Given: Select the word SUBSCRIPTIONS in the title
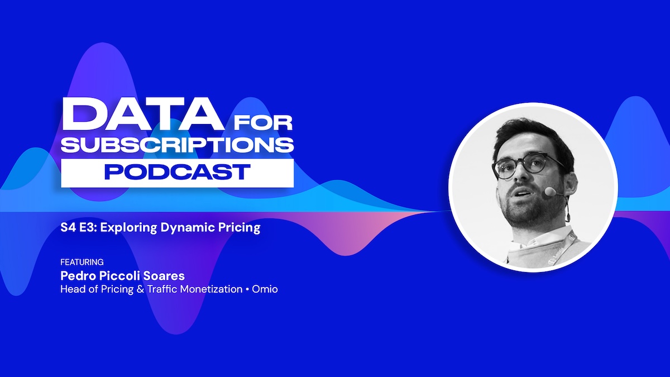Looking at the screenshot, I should [x=177, y=144].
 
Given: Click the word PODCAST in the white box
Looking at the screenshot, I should [x=177, y=172].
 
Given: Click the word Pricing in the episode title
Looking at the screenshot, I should [x=241, y=228].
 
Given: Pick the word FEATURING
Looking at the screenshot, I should [x=82, y=262].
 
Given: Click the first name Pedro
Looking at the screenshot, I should [x=76, y=276].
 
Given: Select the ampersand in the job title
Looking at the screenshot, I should [x=140, y=289].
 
